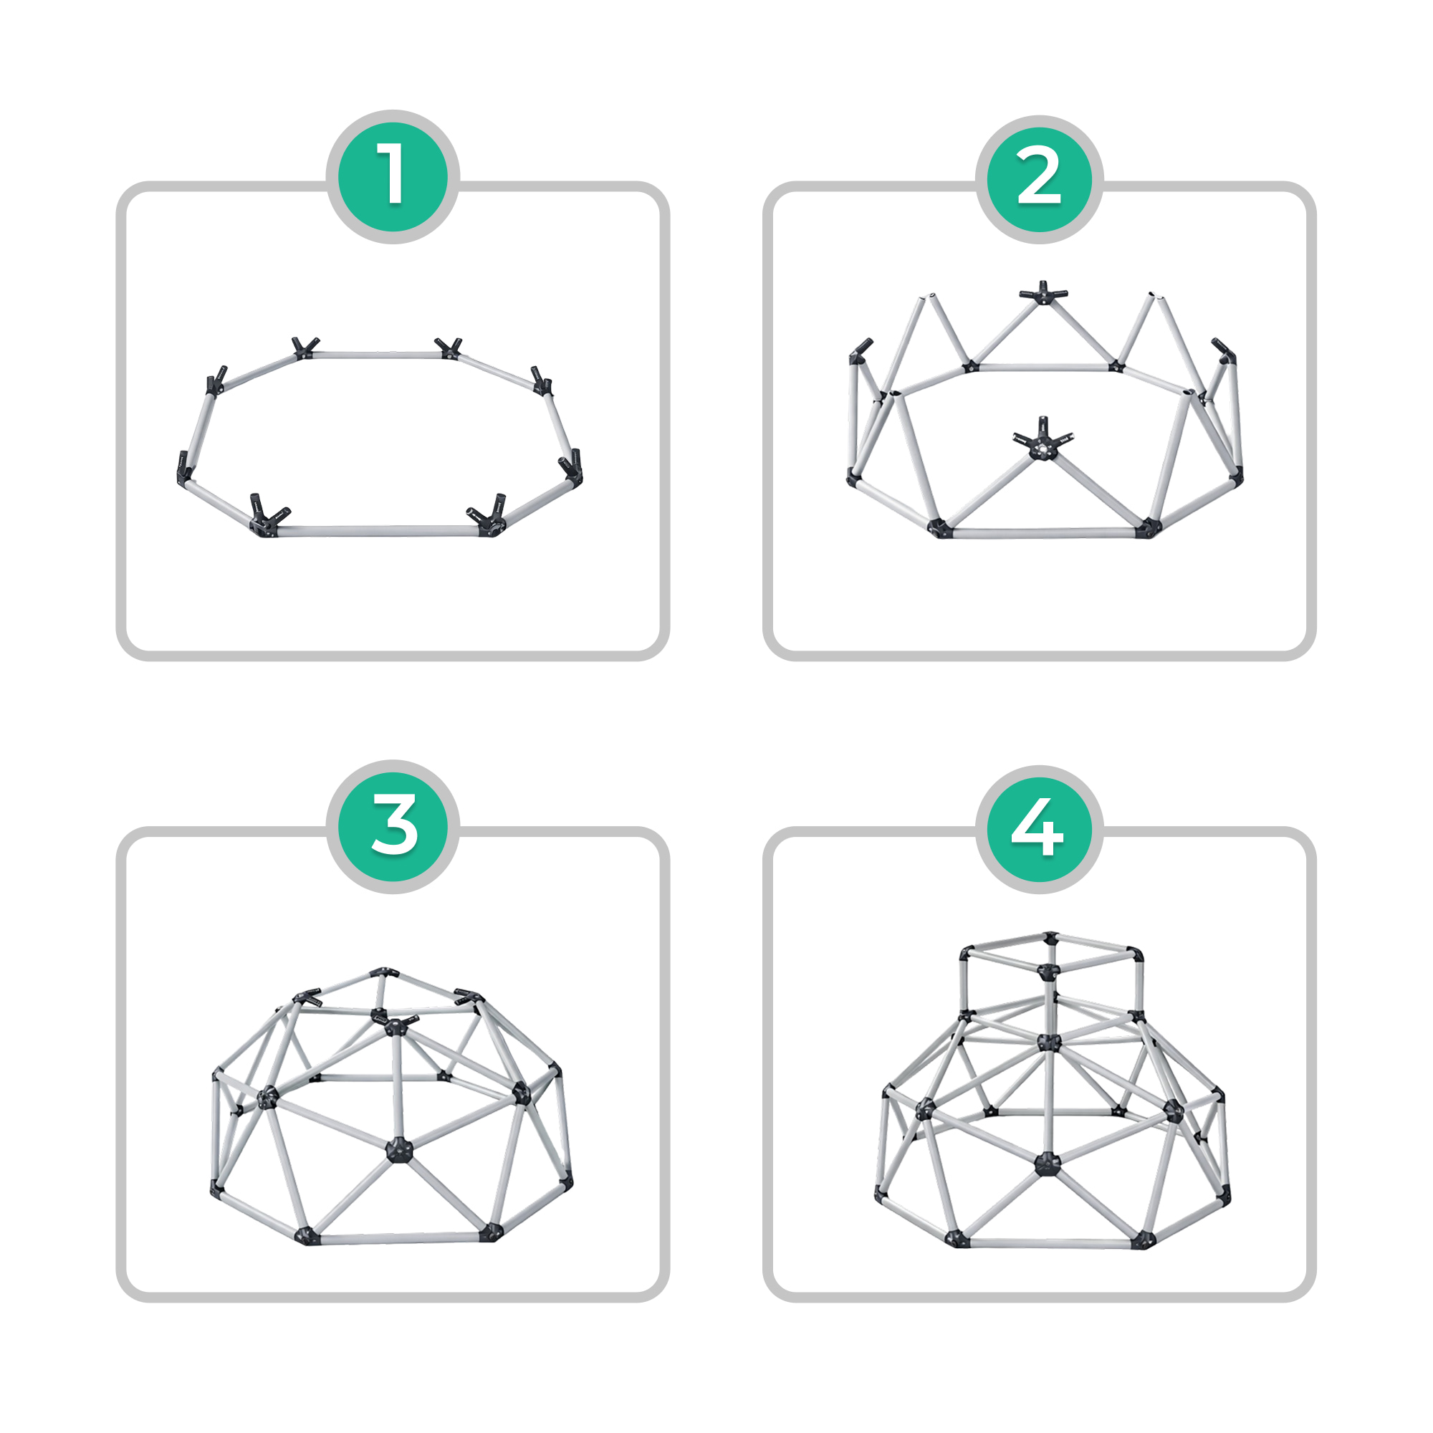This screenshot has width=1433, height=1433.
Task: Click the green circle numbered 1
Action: click(x=393, y=176)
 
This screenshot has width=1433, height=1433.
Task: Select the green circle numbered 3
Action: click(x=393, y=826)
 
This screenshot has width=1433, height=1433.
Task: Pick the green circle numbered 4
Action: click(x=1039, y=829)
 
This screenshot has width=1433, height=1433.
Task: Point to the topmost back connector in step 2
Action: click(x=1043, y=292)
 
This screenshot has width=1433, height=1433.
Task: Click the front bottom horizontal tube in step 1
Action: click(x=378, y=530)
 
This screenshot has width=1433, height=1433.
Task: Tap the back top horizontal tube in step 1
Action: click(x=376, y=355)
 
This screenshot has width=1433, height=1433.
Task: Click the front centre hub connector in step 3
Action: click(x=399, y=1149)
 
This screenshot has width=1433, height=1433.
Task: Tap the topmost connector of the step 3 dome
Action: click(x=383, y=972)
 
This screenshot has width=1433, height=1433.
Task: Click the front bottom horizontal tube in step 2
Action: click(x=1043, y=532)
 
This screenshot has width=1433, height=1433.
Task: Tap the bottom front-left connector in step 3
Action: click(x=307, y=1235)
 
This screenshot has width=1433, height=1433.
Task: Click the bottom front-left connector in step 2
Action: click(x=940, y=529)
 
